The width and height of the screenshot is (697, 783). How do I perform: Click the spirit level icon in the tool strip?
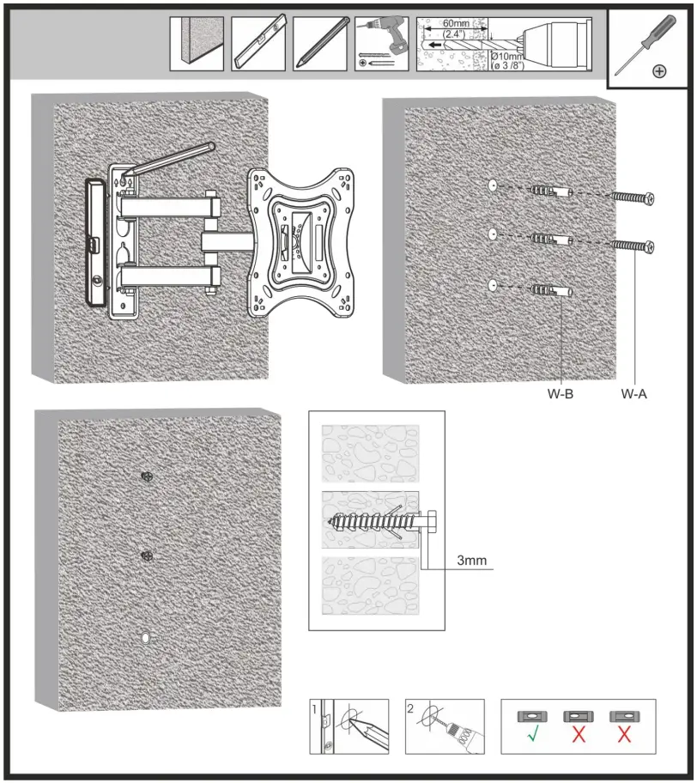click(259, 45)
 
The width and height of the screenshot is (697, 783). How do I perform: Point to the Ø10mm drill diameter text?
click(506, 57)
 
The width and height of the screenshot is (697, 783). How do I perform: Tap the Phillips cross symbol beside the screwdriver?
click(658, 71)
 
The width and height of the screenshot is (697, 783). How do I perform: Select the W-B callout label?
click(561, 396)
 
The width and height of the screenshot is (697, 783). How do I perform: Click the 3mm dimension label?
click(471, 561)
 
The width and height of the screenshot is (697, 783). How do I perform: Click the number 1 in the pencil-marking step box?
click(316, 710)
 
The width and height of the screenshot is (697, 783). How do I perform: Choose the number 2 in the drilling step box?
click(412, 710)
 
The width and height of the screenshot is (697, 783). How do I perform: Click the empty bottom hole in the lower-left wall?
click(145, 639)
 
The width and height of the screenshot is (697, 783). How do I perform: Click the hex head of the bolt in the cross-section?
click(432, 522)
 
